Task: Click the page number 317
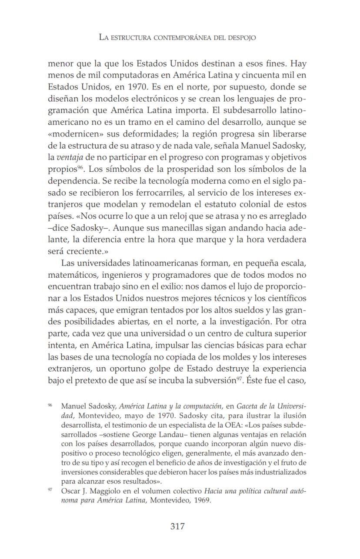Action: pos(177,526)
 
